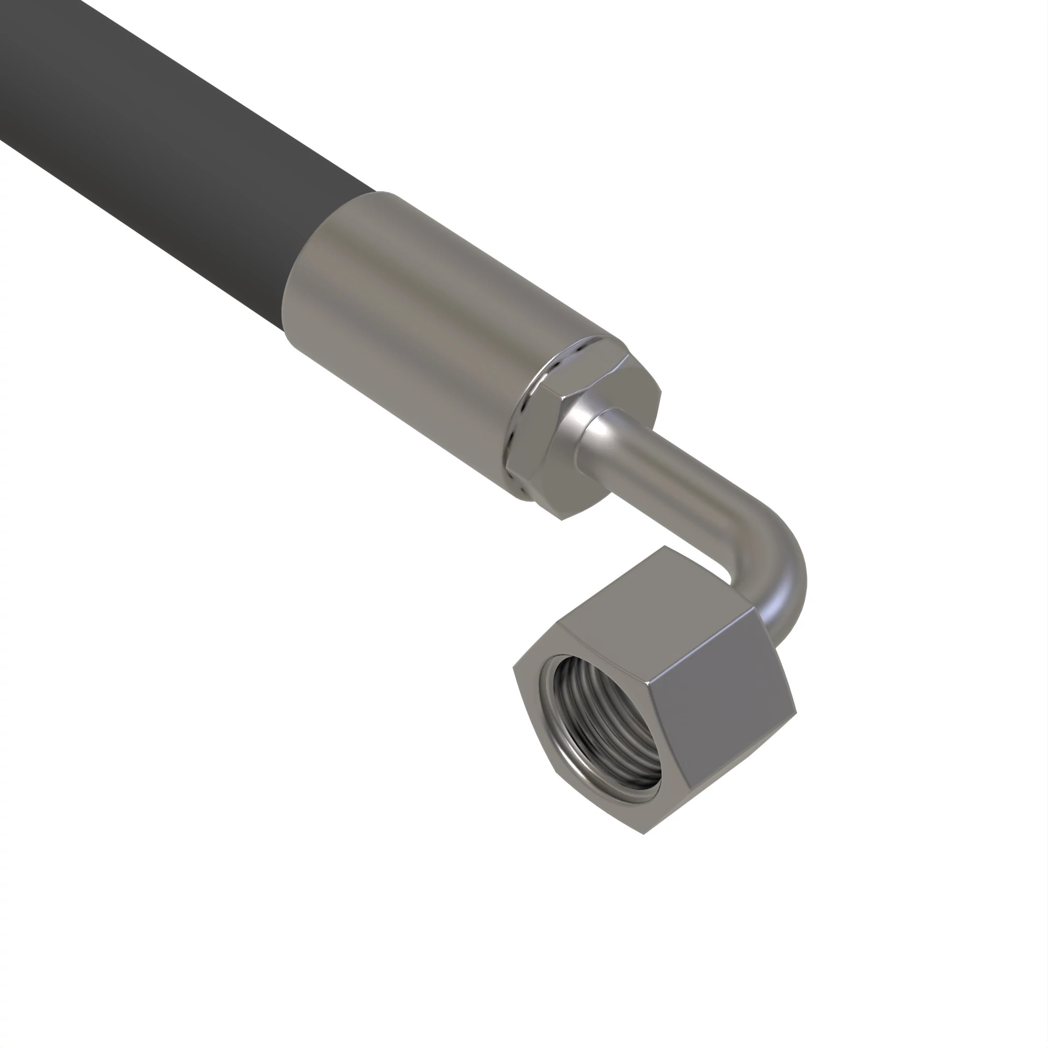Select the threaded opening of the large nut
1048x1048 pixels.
602,727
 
